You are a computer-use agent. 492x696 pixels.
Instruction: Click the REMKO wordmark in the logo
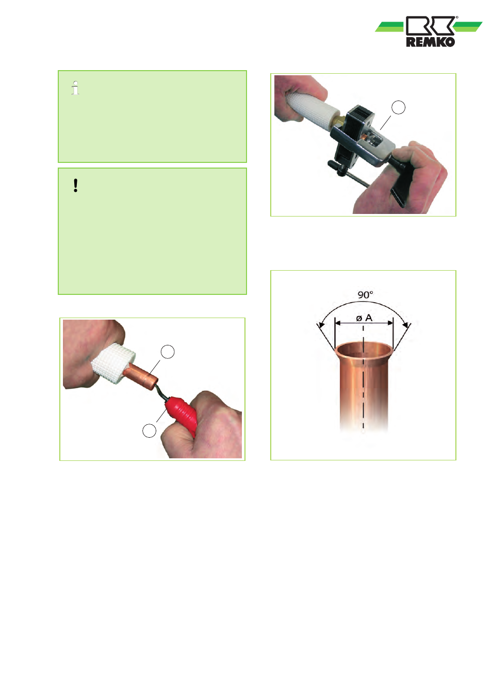tap(431, 42)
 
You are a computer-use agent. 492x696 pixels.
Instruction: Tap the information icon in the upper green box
tap(75, 88)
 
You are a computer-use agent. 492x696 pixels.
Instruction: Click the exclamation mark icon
tap(75, 186)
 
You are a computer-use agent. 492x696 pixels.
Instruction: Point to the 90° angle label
tap(365, 294)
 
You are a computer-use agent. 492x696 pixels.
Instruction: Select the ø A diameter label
tap(364, 318)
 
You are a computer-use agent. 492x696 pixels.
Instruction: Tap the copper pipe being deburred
tap(141, 377)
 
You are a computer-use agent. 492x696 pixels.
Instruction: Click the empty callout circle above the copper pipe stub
tap(168, 352)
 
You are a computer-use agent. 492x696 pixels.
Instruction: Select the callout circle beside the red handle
tap(149, 430)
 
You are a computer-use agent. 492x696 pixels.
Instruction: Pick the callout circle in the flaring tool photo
tap(398, 107)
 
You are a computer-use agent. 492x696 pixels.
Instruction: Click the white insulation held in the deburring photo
tap(113, 363)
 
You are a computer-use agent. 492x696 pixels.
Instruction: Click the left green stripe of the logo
tap(389, 27)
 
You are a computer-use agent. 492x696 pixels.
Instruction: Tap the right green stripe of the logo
tap(468, 27)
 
